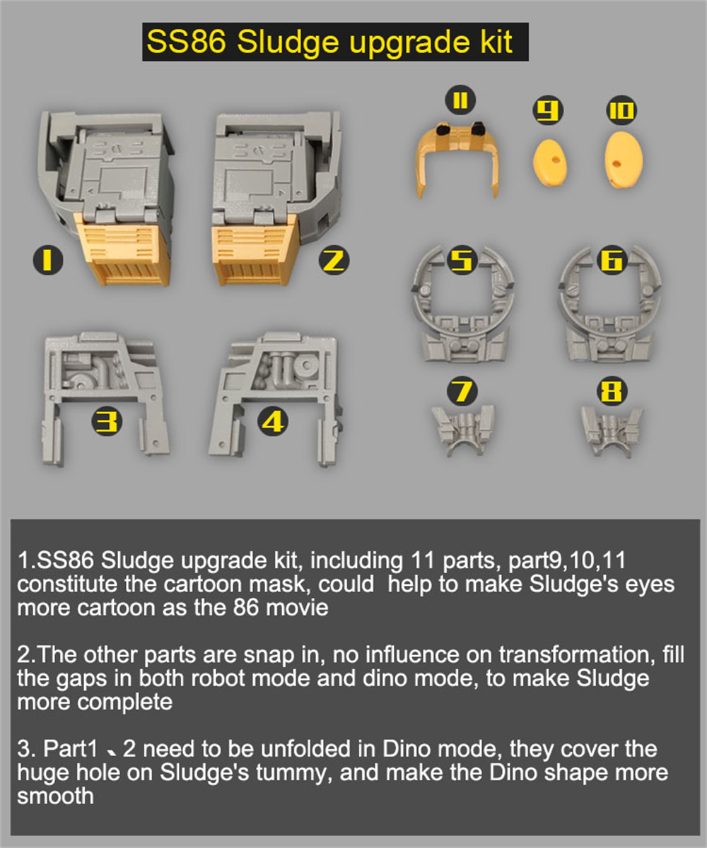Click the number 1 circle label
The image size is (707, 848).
pos(47,261)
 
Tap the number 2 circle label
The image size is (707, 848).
pos(333,261)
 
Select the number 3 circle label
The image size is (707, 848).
pos(107,422)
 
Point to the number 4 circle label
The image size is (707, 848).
pos(273,422)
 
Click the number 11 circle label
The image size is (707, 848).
pos(460,101)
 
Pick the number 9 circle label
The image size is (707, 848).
pos(549,110)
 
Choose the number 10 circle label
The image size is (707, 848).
pos(621,110)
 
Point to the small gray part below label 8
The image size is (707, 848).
pos(612,429)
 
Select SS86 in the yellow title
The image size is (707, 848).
pos(187,42)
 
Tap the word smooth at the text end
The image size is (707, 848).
pos(55,796)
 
